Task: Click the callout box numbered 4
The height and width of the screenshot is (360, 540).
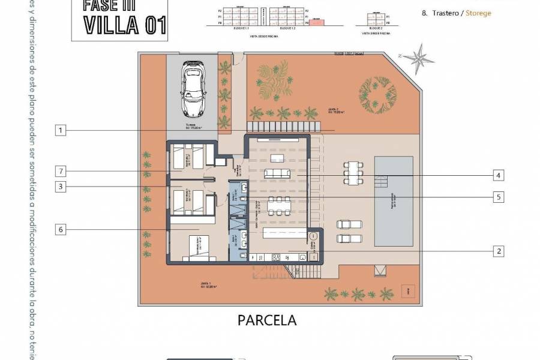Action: [497, 175]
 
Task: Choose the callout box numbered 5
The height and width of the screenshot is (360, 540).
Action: [497, 196]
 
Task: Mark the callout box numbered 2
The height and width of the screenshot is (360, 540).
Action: [497, 251]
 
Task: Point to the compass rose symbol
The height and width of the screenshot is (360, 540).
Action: [418, 59]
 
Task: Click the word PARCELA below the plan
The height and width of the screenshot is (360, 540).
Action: [267, 320]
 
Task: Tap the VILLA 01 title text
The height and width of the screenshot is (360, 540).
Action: [124, 25]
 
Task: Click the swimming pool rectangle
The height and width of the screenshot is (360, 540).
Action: [393, 201]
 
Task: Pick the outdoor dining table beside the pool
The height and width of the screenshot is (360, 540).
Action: [353, 172]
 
